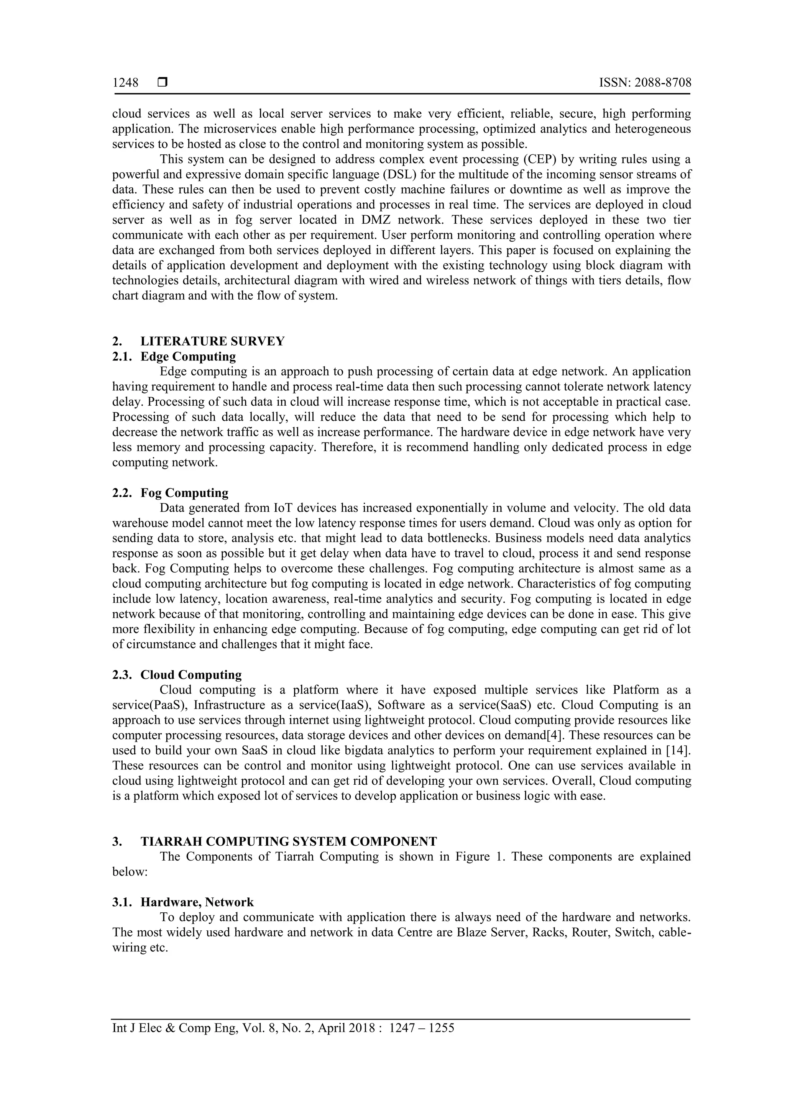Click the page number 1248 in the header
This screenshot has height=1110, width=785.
pyautogui.click(x=125, y=83)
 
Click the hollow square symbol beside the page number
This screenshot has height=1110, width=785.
pyautogui.click(x=163, y=83)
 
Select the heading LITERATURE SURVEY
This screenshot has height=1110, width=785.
pyautogui.click(x=212, y=341)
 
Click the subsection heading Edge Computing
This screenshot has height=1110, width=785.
pyautogui.click(x=188, y=356)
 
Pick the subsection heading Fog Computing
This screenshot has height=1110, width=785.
pyautogui.click(x=184, y=493)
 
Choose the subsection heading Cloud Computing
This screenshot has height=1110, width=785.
pyautogui.click(x=191, y=674)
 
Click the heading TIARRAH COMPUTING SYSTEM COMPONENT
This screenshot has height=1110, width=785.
pyautogui.click(x=289, y=842)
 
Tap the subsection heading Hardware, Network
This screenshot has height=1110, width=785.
pyautogui.click(x=197, y=902)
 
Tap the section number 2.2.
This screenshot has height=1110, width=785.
pyautogui.click(x=122, y=493)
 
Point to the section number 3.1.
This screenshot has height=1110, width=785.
pyautogui.click(x=122, y=902)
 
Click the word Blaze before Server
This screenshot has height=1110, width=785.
pyautogui.click(x=471, y=932)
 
